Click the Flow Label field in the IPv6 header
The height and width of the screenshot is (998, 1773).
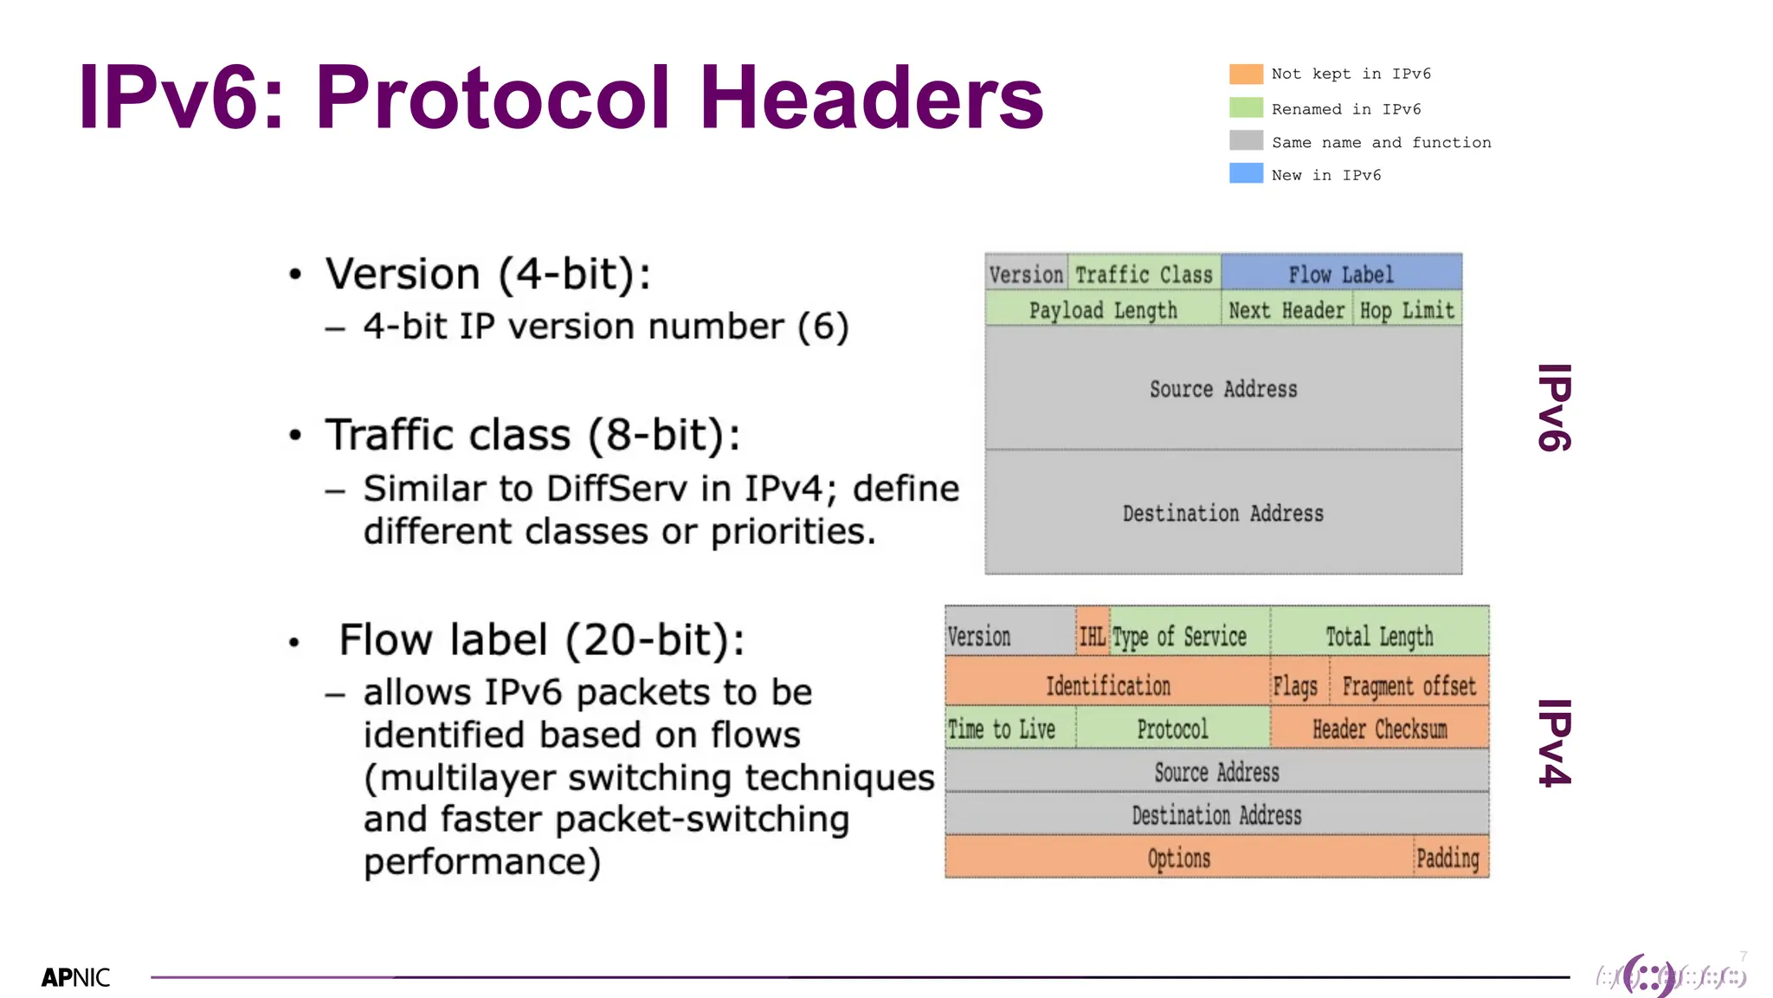pos(1341,275)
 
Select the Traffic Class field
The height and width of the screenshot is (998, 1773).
pos(1144,275)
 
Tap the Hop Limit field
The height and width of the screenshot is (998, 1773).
pos(1407,310)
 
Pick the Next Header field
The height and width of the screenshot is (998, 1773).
pos(1286,310)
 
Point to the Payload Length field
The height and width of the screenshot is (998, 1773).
pos(1103,310)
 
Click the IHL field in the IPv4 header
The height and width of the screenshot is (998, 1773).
pos(1093,637)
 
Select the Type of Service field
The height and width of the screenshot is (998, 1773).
pos(1180,637)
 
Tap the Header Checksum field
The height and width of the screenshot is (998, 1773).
pos(1379,729)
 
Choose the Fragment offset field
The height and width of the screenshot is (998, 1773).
pos(1409,686)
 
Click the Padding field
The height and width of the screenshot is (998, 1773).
pos(1447,859)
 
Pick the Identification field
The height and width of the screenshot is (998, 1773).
pos(1107,686)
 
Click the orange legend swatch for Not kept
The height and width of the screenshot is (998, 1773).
pos(1246,74)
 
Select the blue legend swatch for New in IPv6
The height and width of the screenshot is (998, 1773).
pos(1246,173)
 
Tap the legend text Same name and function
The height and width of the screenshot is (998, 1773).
pos(1381,142)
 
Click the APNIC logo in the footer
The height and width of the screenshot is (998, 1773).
pos(75,977)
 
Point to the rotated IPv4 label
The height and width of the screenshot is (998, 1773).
pos(1555,742)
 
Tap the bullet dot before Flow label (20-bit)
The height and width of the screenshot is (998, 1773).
pos(294,643)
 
